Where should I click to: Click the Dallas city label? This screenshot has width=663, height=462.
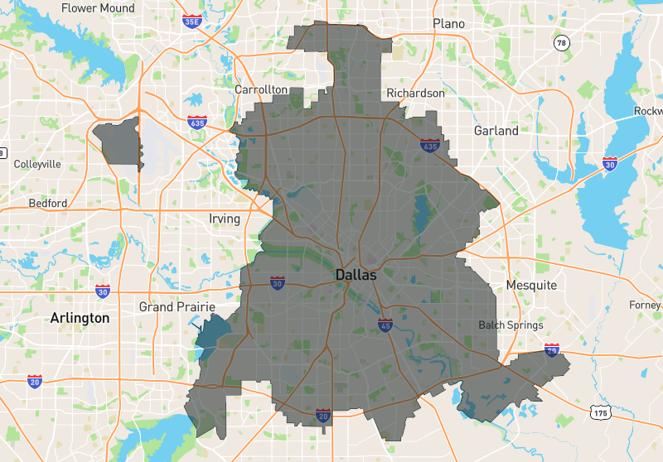[x=356, y=274]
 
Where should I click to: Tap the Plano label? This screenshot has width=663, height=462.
[x=448, y=24]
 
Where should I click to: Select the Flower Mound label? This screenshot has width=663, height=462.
[x=99, y=8]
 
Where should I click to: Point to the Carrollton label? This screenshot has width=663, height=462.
[x=261, y=89]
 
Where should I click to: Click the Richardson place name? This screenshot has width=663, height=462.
[x=416, y=94]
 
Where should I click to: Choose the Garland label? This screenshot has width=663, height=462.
[x=496, y=131]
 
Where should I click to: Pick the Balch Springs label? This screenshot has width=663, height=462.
[x=511, y=325]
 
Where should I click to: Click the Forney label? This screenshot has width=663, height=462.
[x=645, y=305]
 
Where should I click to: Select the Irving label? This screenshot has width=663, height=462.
[x=225, y=219]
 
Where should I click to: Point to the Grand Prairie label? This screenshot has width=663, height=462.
[x=167, y=306]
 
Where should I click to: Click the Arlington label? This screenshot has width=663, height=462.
[x=80, y=318]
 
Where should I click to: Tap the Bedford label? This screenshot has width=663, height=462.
[x=48, y=203]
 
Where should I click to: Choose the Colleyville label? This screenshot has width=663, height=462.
[x=37, y=164]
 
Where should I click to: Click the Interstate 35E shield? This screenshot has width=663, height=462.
[x=191, y=20]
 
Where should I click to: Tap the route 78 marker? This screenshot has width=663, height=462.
[x=562, y=43]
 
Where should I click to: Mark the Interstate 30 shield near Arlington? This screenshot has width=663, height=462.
[x=103, y=291]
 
